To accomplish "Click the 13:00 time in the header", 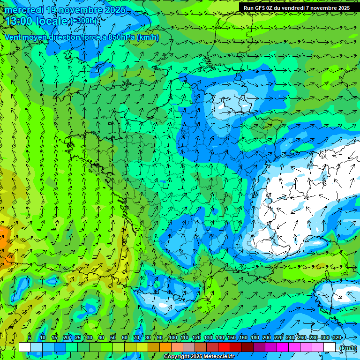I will coord(19,21).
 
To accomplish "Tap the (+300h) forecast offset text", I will coord(83,21).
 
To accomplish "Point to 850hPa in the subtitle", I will coord(121,37).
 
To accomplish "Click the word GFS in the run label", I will coord(262,8).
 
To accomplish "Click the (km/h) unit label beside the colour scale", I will coord(347,348).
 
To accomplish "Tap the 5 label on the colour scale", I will coord(29,337).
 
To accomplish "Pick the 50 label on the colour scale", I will coord(113,337).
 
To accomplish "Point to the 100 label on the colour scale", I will coord(172,337).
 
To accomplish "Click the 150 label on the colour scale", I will coord(232,337).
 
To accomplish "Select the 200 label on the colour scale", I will coord(267,337).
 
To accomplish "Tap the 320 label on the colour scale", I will coord(337,337).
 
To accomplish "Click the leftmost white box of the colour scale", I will coord(24,347).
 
